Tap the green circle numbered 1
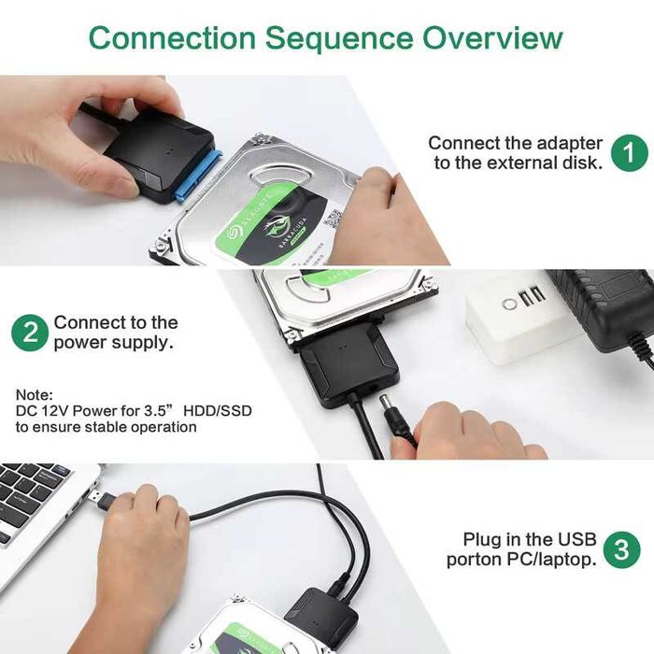pyautogui.click(x=629, y=152)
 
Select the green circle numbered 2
pyautogui.click(x=30, y=333)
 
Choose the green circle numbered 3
pyautogui.click(x=620, y=549)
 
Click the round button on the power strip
pyautogui.click(x=510, y=304)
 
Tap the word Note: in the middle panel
pyautogui.click(x=35, y=396)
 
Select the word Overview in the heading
pyautogui.click(x=492, y=38)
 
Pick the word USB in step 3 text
pyautogui.click(x=576, y=539)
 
